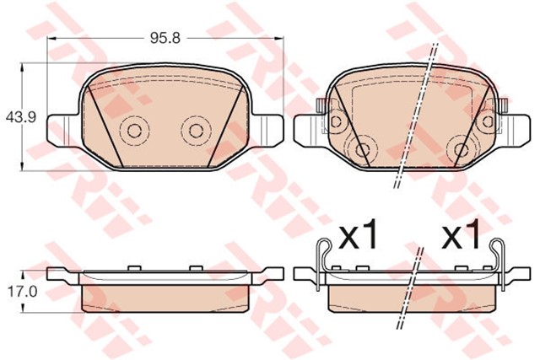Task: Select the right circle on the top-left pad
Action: coord(196,130)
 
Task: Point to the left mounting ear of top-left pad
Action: coord(61,127)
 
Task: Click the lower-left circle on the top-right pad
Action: coord(363,151)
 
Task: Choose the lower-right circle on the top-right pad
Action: coord(461,151)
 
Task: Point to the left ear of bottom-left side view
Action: coord(59,274)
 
